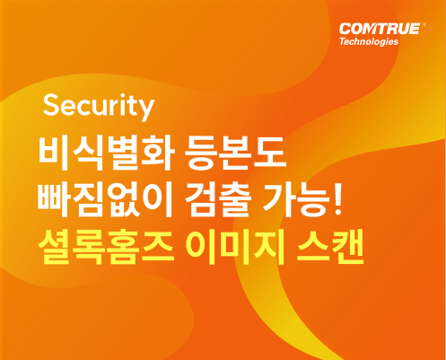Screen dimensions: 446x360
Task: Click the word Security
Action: [99, 106]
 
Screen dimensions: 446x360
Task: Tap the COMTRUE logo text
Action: [380, 29]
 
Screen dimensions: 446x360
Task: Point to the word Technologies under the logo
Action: [369, 41]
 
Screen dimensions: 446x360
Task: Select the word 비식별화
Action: [106, 154]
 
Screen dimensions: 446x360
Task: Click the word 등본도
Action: [235, 154]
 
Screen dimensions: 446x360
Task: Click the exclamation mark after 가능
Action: [337, 198]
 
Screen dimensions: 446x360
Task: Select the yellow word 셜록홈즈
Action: [106, 247]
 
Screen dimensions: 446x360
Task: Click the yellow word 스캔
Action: [330, 247]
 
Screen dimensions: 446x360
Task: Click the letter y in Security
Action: [145, 110]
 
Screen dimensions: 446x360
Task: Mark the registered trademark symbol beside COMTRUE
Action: [423, 25]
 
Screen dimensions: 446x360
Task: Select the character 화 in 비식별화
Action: [158, 154]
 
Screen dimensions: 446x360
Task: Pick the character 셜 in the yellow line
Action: [55, 247]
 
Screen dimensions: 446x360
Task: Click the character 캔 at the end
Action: [347, 247]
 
